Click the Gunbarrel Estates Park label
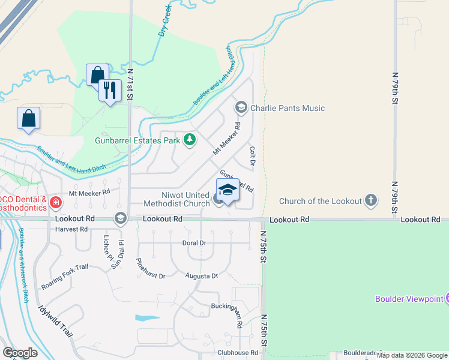tap(137, 140)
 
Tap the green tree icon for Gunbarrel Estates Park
tap(190, 140)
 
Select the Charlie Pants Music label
tap(287, 109)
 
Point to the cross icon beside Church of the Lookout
tap(371, 200)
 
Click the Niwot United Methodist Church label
tap(185, 199)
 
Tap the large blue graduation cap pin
tap(228, 190)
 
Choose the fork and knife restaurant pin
tap(110, 91)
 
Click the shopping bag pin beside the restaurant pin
tap(97, 75)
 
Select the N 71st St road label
tap(130, 83)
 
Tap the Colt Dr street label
tap(252, 157)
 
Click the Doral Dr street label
tap(194, 243)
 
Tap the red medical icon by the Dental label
tap(55, 202)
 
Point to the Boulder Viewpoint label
tap(409, 298)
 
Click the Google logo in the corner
tap(20, 353)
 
